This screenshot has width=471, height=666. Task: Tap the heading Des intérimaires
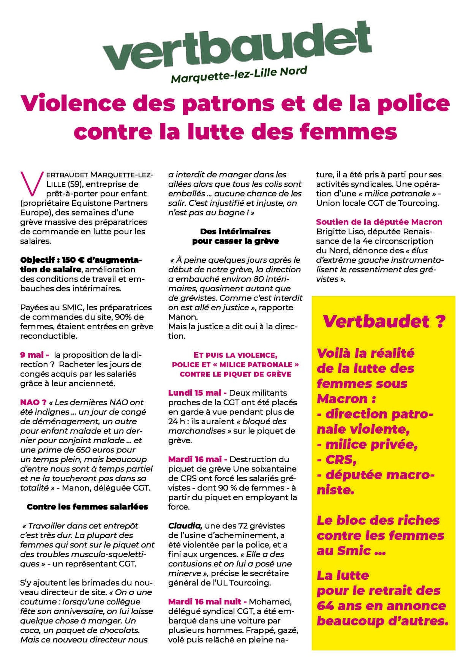click(x=235, y=231)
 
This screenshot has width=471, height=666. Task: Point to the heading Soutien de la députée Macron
click(x=379, y=222)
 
